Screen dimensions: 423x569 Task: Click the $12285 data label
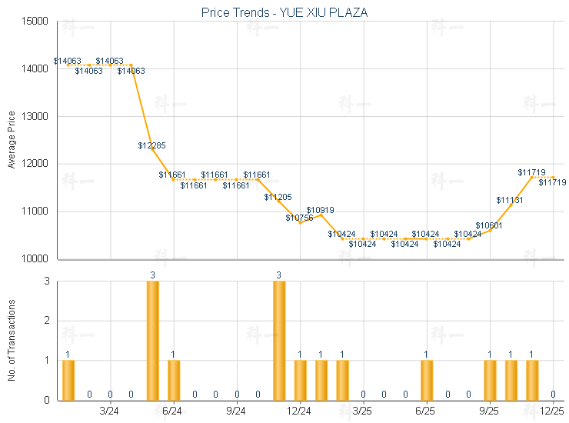(x=151, y=145)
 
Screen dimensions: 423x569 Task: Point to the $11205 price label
(x=278, y=198)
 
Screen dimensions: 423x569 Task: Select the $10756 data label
(x=299, y=218)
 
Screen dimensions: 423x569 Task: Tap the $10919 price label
(x=320, y=210)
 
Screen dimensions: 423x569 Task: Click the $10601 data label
(x=488, y=225)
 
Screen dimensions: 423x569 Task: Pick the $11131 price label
(x=509, y=200)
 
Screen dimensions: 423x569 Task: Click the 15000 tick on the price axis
(x=35, y=22)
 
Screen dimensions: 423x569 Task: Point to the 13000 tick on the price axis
(x=35, y=117)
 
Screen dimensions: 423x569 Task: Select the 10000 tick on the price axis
(x=35, y=259)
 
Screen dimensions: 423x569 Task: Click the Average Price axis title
(x=11, y=140)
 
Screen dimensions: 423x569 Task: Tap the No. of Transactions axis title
(x=11, y=340)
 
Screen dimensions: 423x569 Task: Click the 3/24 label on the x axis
(x=110, y=411)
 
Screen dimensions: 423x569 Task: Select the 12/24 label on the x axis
(x=299, y=411)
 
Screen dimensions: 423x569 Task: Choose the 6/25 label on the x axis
(x=425, y=411)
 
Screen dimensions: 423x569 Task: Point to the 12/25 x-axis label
(x=553, y=411)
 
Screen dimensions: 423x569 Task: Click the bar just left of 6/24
(x=152, y=341)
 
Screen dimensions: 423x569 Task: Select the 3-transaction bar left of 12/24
(x=279, y=341)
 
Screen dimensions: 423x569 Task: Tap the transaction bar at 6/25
(x=427, y=380)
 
